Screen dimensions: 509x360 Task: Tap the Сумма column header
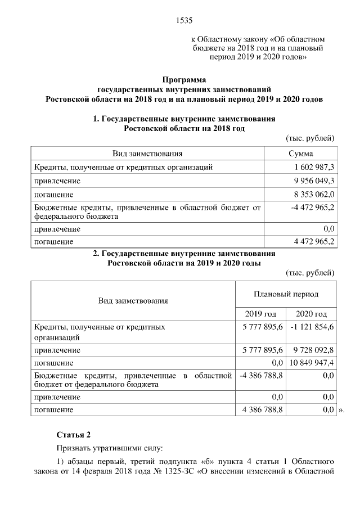(x=300, y=154)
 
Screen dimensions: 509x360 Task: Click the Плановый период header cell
(x=286, y=294)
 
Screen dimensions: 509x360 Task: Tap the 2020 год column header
(x=311, y=314)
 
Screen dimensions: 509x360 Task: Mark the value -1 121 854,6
(x=312, y=326)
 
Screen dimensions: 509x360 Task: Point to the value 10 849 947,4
(x=312, y=363)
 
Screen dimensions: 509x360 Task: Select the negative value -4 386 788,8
(x=260, y=375)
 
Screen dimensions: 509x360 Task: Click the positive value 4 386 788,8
(x=262, y=410)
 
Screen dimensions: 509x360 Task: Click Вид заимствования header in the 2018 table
(x=147, y=154)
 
